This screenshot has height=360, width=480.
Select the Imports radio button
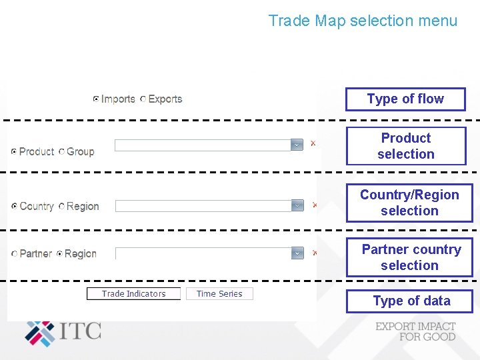96,99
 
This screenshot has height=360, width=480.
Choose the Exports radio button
143,99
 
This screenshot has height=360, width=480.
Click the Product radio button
14,152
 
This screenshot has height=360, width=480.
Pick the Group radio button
61,152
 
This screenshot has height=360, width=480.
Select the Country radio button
15,207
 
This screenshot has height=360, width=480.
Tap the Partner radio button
15,254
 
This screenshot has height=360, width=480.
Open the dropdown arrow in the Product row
297,145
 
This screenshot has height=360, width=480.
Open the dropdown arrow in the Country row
297,206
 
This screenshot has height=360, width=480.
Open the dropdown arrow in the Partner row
297,253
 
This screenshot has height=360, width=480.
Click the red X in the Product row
313,143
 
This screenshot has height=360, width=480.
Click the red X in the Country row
315,205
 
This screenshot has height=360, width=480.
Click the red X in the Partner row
315,253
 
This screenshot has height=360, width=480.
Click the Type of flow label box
405,99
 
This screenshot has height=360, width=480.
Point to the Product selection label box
406,146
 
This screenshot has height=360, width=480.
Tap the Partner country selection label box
409,257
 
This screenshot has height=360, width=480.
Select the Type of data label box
409,301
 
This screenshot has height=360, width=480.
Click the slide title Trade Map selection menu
363,21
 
